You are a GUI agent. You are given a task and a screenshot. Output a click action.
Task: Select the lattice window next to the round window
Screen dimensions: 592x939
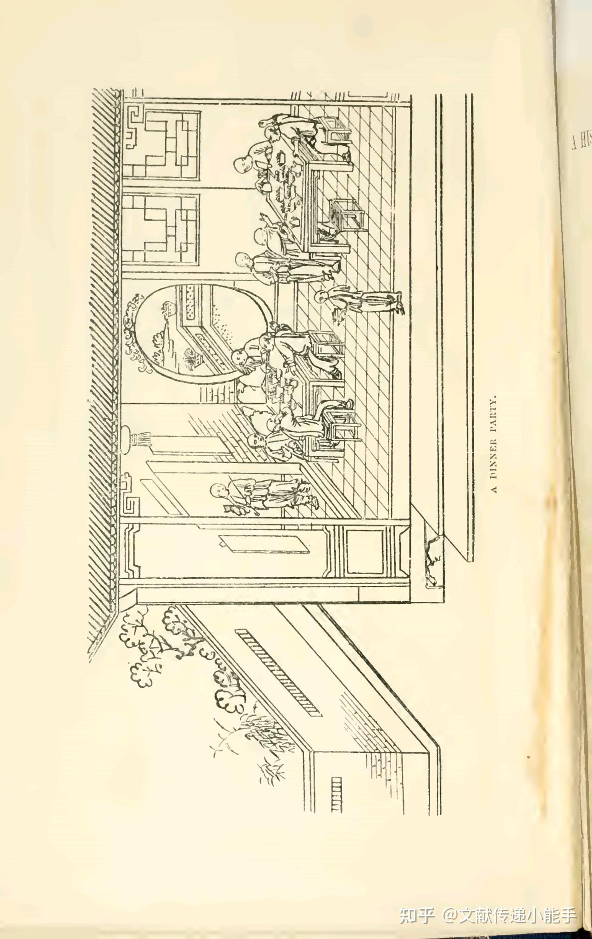click(x=163, y=229)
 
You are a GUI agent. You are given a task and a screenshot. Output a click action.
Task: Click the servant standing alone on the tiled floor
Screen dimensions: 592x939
click(x=362, y=303)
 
